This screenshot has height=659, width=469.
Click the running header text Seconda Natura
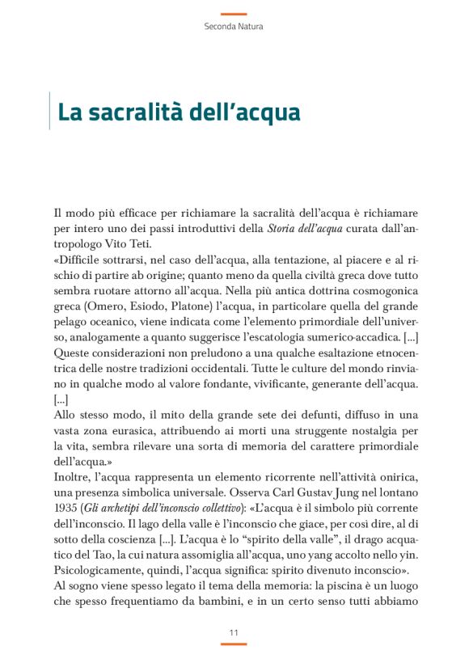click(x=234, y=27)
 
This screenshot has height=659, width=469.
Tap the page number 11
click(x=234, y=632)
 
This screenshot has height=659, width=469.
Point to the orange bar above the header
click(x=234, y=14)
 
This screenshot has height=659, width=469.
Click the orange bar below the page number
click(x=234, y=644)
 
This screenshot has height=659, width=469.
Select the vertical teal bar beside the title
click(x=50, y=111)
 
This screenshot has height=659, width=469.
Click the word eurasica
click(x=137, y=430)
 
